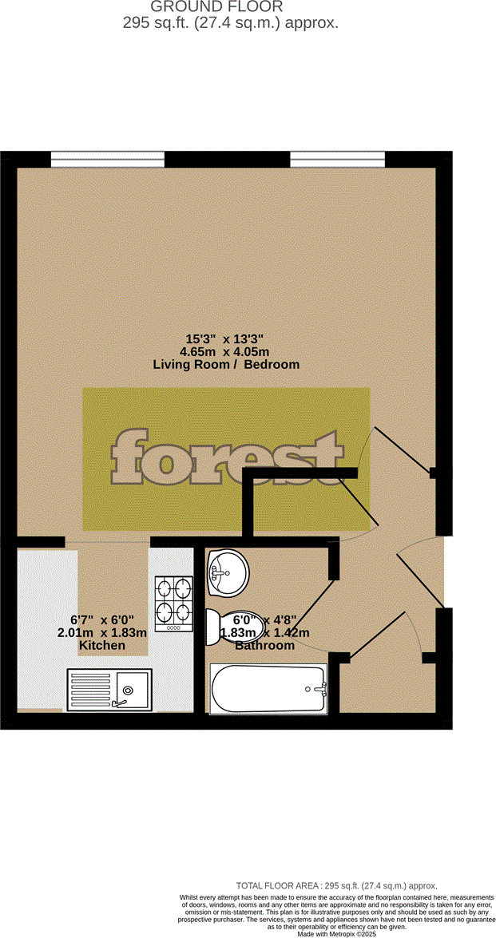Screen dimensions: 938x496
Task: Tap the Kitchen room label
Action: pos(102,645)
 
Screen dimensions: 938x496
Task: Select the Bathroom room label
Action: pos(264,645)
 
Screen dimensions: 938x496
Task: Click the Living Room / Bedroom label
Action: pos(226,364)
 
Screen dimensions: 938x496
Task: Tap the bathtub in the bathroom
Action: pos(268,689)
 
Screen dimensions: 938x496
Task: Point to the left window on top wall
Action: pos(108,159)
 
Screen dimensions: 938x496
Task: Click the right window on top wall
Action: pos(337,159)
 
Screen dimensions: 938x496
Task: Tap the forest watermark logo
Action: pos(226,460)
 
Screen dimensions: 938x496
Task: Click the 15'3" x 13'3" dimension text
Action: pos(226,338)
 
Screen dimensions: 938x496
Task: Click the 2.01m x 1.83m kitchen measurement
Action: pos(102,632)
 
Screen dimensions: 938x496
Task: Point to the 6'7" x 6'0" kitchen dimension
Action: pos(102,619)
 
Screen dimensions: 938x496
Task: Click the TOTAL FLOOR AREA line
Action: pos(336,886)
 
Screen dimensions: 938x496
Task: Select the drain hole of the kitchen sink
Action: pos(127,690)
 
